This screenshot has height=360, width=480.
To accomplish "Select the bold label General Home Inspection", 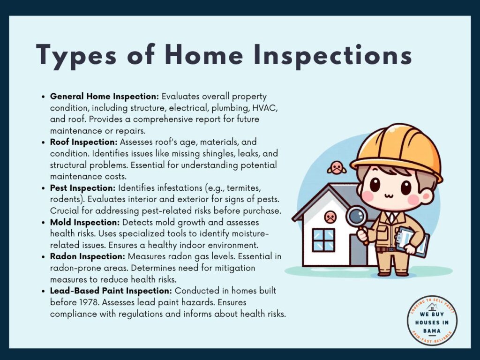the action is point(105,97).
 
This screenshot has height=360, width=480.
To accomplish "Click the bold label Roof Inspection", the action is point(83,142).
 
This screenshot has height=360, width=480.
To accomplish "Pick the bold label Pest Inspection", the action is point(82,188).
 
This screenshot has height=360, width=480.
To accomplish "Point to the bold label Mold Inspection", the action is point(84,223).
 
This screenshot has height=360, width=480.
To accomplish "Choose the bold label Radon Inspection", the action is point(88,256).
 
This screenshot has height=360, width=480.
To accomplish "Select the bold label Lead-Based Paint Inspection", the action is point(111,291).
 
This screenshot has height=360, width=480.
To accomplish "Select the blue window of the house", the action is point(323,240).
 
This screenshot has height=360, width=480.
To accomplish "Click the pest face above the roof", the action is point(337,168).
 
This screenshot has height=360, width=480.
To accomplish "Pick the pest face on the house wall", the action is point(330,217).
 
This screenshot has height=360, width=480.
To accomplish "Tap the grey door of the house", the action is point(359,245).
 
